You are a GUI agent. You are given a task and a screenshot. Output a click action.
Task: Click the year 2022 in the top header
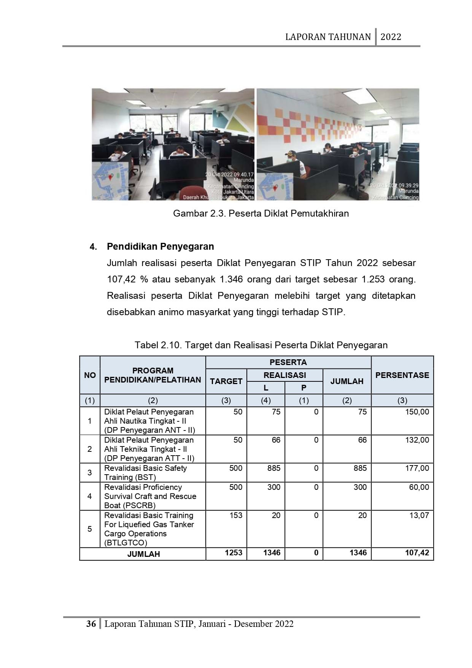(391, 37)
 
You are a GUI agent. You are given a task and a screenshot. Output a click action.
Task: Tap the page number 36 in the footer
(91, 624)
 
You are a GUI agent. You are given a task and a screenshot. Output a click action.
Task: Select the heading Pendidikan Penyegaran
(160, 247)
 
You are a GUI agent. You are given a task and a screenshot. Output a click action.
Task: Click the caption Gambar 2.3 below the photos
(261, 214)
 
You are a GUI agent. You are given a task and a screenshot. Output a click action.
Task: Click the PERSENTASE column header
(402, 375)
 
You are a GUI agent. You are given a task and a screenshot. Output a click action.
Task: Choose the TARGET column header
(226, 381)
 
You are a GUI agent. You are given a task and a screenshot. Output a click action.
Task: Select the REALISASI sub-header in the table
(284, 375)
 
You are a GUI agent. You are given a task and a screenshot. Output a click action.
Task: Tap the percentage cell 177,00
(417, 468)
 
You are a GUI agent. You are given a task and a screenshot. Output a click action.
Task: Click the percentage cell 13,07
(419, 515)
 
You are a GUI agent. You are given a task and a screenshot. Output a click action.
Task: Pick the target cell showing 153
(236, 515)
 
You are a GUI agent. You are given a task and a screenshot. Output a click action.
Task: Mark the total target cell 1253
(233, 553)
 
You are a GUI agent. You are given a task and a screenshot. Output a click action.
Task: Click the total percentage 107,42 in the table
(417, 553)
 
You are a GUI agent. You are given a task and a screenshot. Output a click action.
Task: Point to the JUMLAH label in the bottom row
(143, 554)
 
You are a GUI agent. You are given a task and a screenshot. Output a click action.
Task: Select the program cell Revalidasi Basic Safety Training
(146, 473)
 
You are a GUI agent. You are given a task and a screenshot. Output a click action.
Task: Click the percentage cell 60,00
(419, 487)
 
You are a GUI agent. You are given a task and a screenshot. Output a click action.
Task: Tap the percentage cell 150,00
(417, 412)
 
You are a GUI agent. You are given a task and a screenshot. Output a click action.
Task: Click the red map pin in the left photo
(111, 177)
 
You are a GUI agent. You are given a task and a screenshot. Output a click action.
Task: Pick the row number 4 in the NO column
(89, 496)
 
